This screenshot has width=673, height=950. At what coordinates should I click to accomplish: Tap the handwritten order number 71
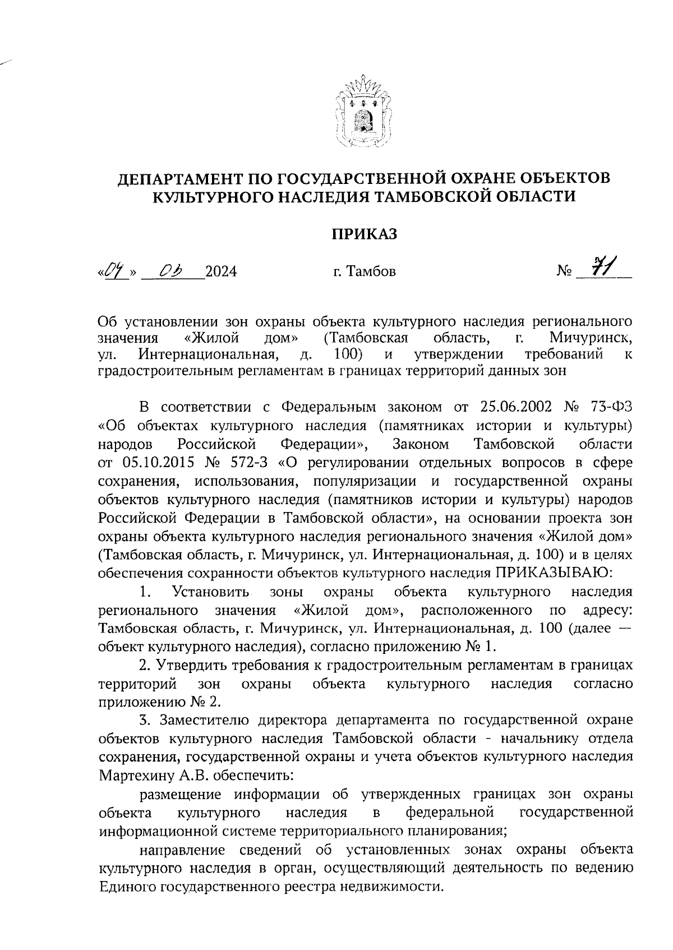pyautogui.click(x=604, y=268)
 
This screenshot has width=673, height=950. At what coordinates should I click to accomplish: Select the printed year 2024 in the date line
pyautogui.click(x=221, y=272)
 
